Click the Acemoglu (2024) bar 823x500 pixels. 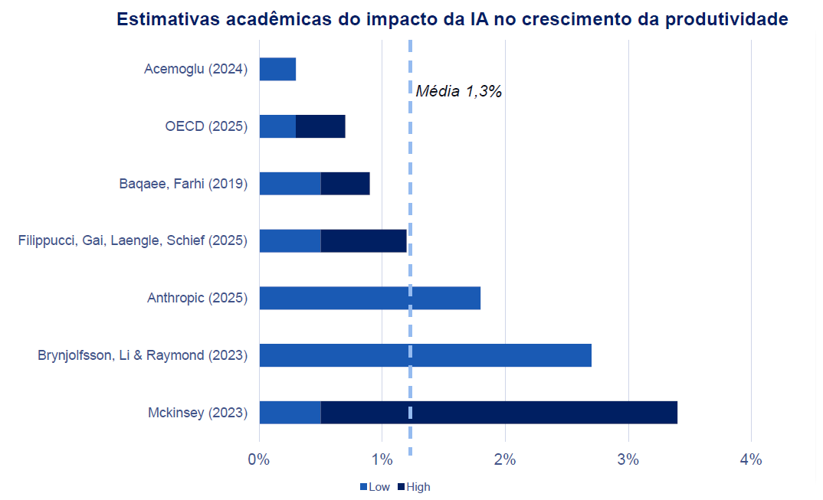pos(277,69)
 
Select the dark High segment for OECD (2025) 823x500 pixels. pos(320,126)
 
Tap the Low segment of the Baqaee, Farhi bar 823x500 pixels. pos(290,184)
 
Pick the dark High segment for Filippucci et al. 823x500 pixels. pos(363,240)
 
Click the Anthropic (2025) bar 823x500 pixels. pos(369,298)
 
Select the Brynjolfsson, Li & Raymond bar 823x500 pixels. pos(425,355)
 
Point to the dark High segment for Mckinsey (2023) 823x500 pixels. pos(499,412)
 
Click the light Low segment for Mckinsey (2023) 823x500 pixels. pos(290,412)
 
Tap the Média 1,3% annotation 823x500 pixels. pos(458,92)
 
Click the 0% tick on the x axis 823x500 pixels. pos(259,460)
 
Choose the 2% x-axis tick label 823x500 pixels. pos(505,460)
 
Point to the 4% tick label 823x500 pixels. pos(751,460)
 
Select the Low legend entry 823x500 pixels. pos(375,487)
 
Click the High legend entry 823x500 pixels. pos(414,487)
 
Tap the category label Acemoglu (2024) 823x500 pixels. pos(195,69)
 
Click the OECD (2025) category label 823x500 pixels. pos(206,126)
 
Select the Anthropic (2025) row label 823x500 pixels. pos(197,298)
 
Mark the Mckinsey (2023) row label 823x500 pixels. pos(198,413)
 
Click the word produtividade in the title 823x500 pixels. pos(726,19)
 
